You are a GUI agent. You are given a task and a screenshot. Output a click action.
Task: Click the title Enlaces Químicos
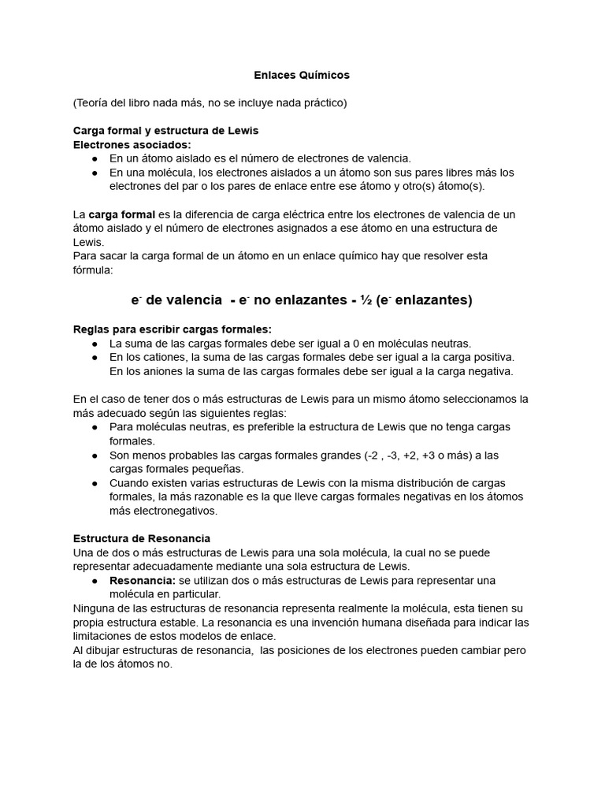(302, 75)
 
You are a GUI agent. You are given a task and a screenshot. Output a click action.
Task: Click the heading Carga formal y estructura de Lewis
(165, 130)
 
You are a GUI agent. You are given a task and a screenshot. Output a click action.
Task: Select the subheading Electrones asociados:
(132, 144)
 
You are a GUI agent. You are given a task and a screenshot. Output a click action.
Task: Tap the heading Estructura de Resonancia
(141, 537)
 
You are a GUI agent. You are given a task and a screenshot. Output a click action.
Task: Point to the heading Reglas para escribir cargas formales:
(172, 329)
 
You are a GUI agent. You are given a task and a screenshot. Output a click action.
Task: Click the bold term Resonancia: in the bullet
(142, 580)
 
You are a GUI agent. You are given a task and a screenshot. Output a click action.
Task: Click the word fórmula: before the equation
(94, 270)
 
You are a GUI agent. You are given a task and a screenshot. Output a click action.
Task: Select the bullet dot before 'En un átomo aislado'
(95, 158)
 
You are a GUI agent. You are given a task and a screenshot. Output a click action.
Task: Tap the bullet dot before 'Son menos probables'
(95, 456)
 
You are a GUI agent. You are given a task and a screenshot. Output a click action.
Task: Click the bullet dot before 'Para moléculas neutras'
(95, 427)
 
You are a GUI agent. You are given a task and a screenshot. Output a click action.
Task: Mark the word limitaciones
(104, 636)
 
